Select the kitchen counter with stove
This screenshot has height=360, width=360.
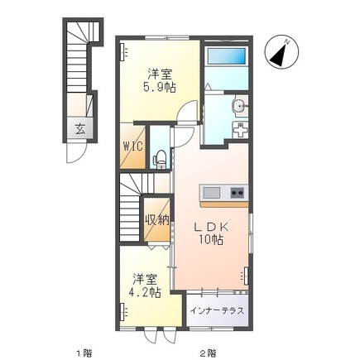223,193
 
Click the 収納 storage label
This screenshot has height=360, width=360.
157,219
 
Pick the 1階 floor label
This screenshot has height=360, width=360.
84,352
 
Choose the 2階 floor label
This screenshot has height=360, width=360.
208,352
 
